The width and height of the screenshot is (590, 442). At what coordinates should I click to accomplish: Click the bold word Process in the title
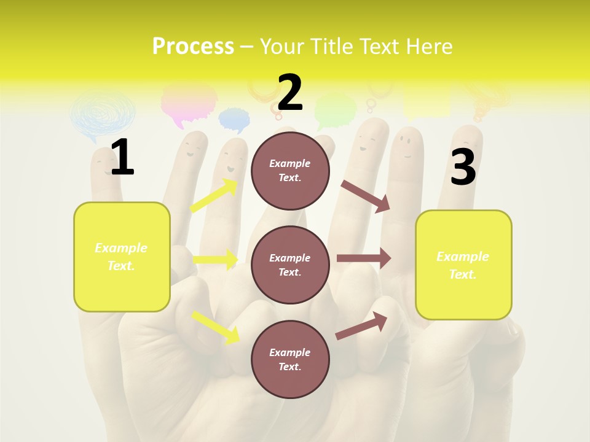tap(193, 47)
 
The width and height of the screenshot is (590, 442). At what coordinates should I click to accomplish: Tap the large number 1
tap(122, 157)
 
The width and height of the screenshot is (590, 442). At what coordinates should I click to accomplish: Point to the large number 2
tap(290, 93)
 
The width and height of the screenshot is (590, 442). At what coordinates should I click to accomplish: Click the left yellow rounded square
tap(122, 257)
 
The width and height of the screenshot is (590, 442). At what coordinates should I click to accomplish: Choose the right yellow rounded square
tap(463, 265)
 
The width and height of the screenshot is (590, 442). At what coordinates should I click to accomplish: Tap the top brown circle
tap(290, 171)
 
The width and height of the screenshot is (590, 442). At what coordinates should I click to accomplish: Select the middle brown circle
tap(290, 265)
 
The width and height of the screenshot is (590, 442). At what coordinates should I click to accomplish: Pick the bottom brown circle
tap(290, 359)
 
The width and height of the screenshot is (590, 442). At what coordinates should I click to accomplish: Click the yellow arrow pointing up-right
tap(214, 196)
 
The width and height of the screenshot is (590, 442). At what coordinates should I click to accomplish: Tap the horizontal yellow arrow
tap(216, 259)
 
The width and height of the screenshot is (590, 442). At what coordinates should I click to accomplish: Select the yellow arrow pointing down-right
tap(216, 327)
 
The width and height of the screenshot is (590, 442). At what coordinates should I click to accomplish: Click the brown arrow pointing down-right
tap(366, 196)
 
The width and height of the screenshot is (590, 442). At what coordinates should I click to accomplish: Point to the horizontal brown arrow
tap(364, 258)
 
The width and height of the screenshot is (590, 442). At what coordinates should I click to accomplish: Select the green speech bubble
tap(335, 109)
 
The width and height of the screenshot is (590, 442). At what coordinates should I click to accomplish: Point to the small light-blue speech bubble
tap(234, 119)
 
